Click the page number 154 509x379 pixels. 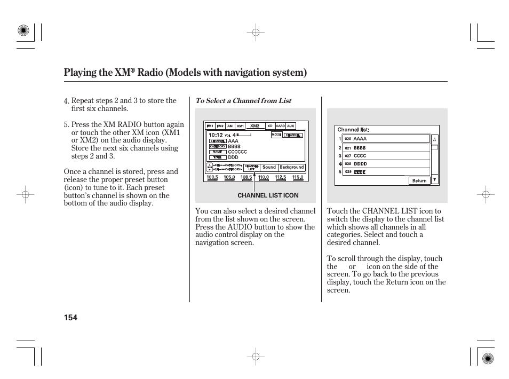point(70,318)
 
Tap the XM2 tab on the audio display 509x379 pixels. point(254,126)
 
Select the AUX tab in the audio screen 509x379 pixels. point(290,126)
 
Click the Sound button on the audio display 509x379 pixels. point(269,167)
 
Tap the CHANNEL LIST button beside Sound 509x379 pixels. point(251,167)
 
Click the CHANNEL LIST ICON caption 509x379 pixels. point(268,195)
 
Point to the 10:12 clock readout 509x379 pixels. point(215,135)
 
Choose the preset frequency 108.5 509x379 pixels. point(246,177)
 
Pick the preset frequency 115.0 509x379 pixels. point(298,177)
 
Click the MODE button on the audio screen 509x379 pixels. point(276,135)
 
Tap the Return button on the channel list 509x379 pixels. point(419,180)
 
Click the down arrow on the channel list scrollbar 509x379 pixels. point(434,180)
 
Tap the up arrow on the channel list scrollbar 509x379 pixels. point(434,139)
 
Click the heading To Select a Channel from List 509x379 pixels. point(243,101)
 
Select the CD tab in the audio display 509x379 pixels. point(270,126)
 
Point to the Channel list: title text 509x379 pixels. point(353,130)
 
